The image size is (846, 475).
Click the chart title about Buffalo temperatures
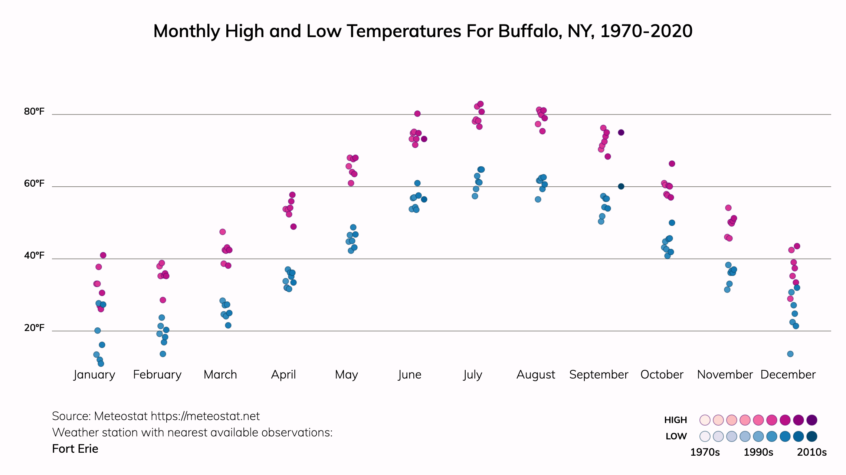point(423,31)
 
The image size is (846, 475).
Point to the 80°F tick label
point(34,112)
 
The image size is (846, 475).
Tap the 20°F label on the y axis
point(34,328)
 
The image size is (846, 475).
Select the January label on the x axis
point(94,375)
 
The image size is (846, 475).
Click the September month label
point(599,375)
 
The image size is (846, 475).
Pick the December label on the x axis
point(788,375)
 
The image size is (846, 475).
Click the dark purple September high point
point(621,132)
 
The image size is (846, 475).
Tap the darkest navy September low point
point(621,186)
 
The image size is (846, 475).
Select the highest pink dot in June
point(417,114)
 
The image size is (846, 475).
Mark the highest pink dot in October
point(672,164)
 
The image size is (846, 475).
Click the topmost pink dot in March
point(223,232)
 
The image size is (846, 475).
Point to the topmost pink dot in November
point(728,208)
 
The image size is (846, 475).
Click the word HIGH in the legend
point(675,420)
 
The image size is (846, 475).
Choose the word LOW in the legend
point(676,436)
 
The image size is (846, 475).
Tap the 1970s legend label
point(705,452)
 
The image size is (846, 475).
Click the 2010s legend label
point(812,452)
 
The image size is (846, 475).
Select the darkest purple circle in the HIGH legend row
point(812,420)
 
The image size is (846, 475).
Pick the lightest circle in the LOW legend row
point(705,436)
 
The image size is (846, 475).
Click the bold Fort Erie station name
point(75,449)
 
